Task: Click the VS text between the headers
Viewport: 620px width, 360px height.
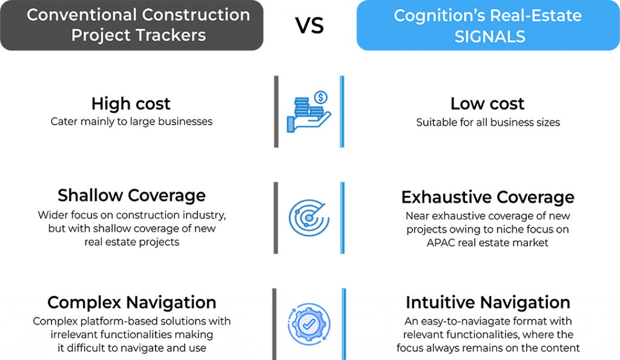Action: (309, 25)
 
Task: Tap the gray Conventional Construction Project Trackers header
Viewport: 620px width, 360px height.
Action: (131, 25)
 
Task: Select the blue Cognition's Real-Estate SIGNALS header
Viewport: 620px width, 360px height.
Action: (488, 25)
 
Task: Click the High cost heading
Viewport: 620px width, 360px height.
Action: (131, 103)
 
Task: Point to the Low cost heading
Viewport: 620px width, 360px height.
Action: (487, 103)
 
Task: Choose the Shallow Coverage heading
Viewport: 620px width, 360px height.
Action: (131, 195)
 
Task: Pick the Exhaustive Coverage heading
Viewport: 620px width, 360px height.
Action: (488, 197)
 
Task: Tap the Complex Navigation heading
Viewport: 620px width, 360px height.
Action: (131, 303)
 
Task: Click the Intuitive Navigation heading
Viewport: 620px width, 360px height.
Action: (488, 303)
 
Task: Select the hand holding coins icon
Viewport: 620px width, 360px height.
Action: (309, 112)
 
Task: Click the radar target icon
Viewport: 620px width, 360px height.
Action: (309, 218)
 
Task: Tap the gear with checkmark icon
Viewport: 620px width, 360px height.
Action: (309, 324)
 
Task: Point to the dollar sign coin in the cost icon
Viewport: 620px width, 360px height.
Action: (321, 97)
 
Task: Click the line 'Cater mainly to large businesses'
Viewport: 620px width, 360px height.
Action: (131, 122)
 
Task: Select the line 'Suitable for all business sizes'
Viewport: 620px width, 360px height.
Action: (488, 122)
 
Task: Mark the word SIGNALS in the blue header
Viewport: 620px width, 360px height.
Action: (490, 37)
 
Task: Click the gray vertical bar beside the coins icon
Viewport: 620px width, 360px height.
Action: (276, 112)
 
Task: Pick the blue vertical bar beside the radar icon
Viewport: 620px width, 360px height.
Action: (343, 218)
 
